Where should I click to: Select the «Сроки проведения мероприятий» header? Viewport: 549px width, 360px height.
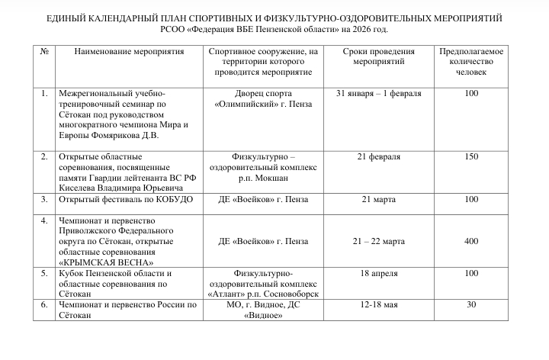(378, 56)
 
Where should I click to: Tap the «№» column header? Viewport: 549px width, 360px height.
(46, 50)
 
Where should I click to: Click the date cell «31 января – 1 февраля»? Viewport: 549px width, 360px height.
(378, 93)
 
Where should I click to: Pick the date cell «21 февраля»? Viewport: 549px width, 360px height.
(378, 156)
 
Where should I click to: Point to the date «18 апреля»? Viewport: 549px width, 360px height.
(378, 273)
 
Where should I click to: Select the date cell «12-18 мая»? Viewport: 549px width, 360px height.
(378, 304)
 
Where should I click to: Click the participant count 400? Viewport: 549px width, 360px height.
(470, 241)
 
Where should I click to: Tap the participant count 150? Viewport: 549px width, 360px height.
(470, 156)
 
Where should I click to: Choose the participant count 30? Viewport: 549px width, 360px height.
(470, 304)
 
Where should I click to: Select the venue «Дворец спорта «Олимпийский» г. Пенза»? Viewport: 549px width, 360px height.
(263, 98)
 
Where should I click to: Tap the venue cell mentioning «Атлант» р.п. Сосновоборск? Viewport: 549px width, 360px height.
(263, 283)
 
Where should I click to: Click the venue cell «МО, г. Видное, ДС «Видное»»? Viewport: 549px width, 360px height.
(263, 310)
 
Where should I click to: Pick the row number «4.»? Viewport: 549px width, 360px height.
(44, 220)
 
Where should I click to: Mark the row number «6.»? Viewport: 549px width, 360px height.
(44, 304)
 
